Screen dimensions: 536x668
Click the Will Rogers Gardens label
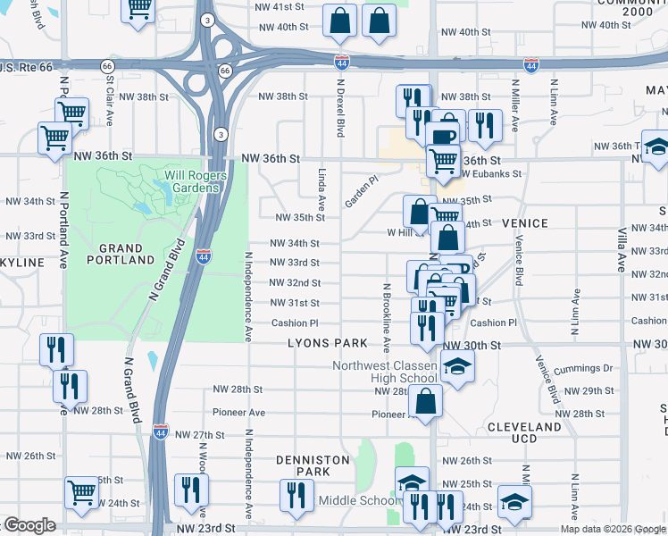tap(189, 181)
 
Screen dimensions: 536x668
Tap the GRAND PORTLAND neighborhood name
tap(127, 254)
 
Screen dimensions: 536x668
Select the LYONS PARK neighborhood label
tap(328, 343)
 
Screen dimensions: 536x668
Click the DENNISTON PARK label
tap(313, 465)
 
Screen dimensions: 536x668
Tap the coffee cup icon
tap(444, 135)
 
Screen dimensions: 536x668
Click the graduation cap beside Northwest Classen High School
tap(457, 367)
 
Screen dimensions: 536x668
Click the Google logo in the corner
tap(29, 525)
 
